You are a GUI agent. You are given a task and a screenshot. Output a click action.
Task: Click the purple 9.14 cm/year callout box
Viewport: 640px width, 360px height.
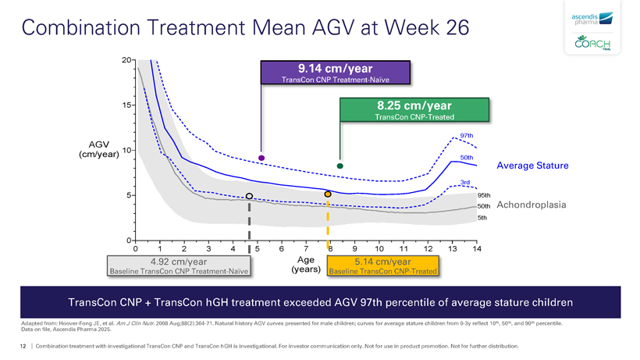click(x=336, y=72)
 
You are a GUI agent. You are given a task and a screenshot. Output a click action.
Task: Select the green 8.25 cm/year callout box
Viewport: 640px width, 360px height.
click(x=414, y=110)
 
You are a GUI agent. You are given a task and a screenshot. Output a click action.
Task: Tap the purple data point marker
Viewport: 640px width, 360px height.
click(x=261, y=158)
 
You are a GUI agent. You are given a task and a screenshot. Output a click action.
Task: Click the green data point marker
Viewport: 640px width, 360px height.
click(x=340, y=166)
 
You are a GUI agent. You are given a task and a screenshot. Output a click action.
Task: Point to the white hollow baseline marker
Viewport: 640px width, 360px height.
click(x=249, y=196)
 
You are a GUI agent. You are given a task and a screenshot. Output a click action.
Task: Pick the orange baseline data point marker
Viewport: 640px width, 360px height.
click(x=328, y=194)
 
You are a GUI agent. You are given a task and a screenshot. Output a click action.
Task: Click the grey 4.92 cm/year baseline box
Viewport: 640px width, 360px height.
click(x=179, y=266)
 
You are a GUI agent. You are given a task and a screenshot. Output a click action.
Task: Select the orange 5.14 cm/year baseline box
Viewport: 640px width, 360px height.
click(x=382, y=266)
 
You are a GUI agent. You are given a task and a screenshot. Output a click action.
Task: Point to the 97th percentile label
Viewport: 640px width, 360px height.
click(x=468, y=134)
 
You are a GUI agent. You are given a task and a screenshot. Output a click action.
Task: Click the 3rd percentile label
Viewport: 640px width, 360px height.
click(x=464, y=183)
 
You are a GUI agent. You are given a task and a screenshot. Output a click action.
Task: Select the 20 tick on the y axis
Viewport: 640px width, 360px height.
click(x=126, y=60)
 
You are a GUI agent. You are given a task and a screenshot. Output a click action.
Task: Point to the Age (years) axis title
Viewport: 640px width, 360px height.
click(x=305, y=265)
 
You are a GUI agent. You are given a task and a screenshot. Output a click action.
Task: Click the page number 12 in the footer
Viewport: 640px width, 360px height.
click(x=23, y=345)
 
